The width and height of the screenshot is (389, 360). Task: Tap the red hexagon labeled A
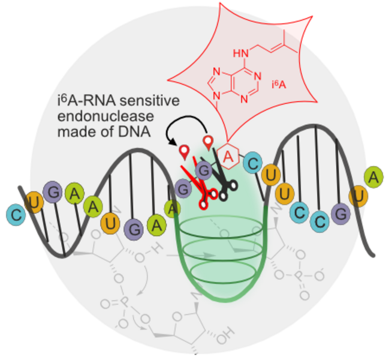228,155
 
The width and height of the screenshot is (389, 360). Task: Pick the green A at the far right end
374,176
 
